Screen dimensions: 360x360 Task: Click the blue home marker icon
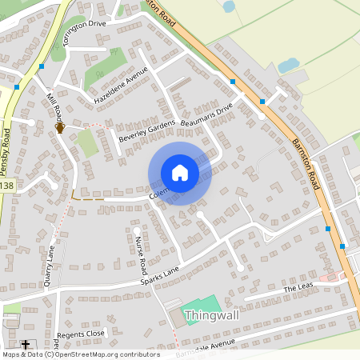(180, 173)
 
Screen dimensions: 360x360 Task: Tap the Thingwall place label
(212, 316)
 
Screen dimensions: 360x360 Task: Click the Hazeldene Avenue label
(121, 86)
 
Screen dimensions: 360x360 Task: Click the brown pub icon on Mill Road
(59, 128)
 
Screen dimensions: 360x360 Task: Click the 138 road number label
(7, 186)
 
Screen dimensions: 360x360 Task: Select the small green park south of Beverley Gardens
(88, 143)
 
